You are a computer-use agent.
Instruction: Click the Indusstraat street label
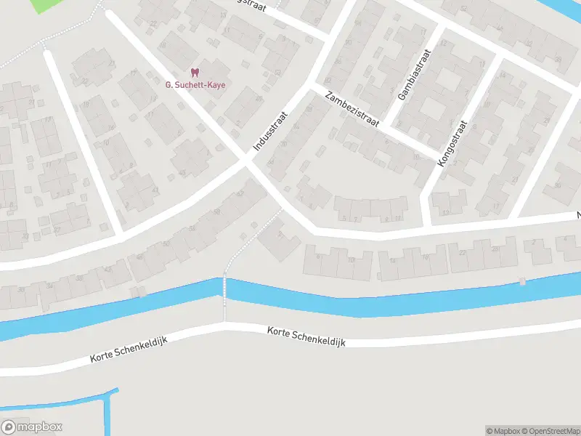click(x=271, y=132)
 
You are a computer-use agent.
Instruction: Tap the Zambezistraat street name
click(x=353, y=109)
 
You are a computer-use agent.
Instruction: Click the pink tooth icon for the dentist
click(x=194, y=72)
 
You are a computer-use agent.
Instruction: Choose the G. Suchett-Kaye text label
click(x=195, y=85)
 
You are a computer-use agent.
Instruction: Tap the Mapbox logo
click(x=32, y=427)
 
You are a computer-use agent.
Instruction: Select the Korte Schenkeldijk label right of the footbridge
click(x=305, y=335)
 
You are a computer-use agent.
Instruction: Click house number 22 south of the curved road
click(x=463, y=251)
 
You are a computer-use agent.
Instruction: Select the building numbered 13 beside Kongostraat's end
click(x=446, y=211)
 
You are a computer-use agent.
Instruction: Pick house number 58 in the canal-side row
click(x=192, y=227)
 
